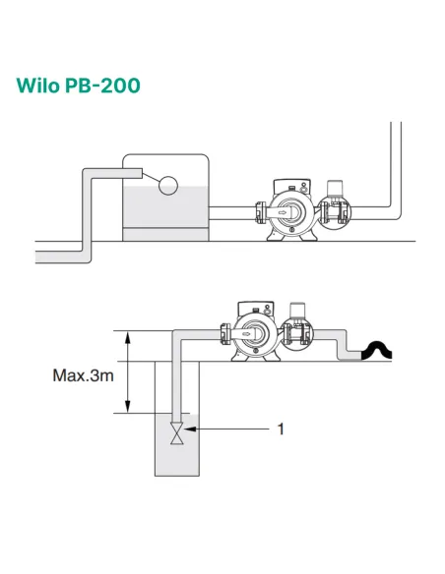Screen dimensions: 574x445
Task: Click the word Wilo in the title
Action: point(41,85)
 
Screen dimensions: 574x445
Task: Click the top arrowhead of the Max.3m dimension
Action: point(128,337)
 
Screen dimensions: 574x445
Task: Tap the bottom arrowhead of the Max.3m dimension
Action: point(128,409)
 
